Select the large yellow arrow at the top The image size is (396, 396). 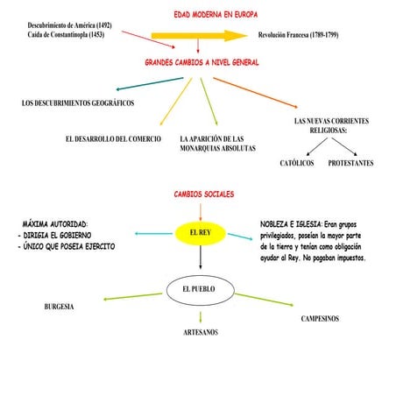(199, 35)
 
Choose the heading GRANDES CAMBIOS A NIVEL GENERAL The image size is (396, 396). (202, 63)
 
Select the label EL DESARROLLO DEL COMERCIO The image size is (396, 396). (114, 139)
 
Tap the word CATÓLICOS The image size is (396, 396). (297, 163)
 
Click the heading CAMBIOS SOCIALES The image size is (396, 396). (204, 194)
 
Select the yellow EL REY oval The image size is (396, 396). (202, 232)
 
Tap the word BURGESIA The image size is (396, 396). (59, 307)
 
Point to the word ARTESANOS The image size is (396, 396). (201, 333)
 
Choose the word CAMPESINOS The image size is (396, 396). (320, 319)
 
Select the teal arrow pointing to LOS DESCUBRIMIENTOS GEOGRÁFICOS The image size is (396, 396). (149, 84)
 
